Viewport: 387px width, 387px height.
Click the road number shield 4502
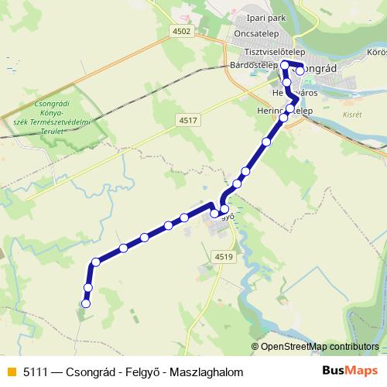tap(182, 30)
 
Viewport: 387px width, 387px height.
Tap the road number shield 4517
tap(187, 120)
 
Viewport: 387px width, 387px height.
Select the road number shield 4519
tap(224, 256)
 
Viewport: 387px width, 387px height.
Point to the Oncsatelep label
tap(260, 35)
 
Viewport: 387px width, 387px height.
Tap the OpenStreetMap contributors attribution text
tap(320, 346)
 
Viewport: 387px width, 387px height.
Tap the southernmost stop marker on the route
tap(86, 304)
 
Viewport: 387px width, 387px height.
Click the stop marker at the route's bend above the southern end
tap(95, 262)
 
